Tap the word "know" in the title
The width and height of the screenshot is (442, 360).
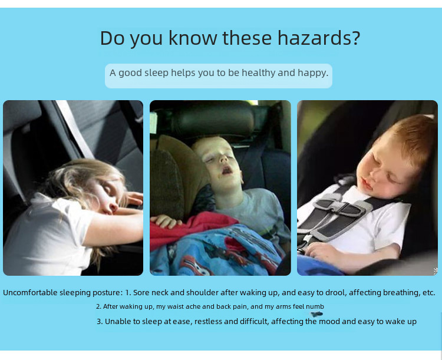(x=193, y=38)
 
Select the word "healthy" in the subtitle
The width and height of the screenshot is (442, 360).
(x=259, y=73)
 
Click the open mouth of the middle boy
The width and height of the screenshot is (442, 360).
(x=227, y=170)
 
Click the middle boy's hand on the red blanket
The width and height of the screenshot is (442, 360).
(x=166, y=222)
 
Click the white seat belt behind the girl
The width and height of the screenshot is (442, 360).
(x=75, y=129)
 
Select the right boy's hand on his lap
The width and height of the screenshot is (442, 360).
(x=321, y=250)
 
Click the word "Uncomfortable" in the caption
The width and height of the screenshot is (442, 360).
(x=32, y=293)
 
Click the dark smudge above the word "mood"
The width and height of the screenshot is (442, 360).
(x=316, y=314)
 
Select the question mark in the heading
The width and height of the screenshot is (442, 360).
(x=356, y=37)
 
